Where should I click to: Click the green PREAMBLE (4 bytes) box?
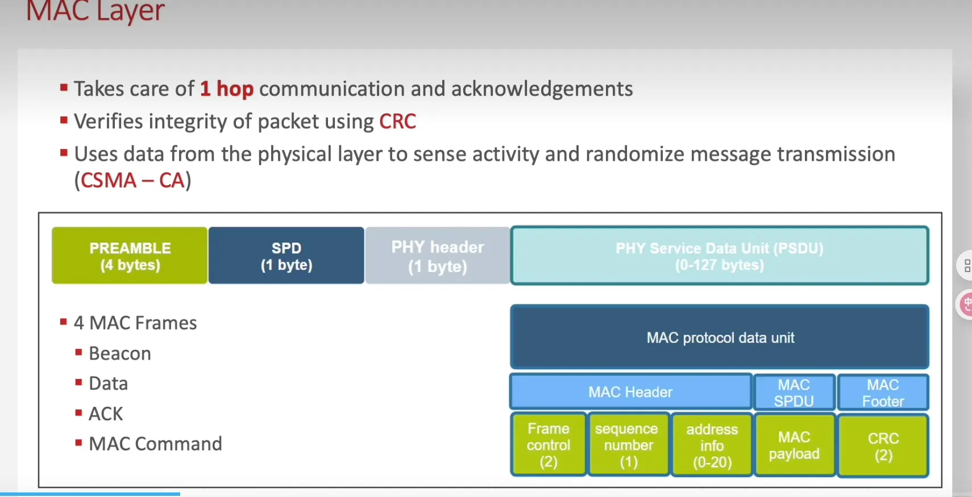pos(130,256)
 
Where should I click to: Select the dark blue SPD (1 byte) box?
pos(286,256)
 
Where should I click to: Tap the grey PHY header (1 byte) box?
pos(437,256)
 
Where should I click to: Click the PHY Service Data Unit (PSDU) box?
pos(719,256)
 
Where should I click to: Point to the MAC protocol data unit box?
pos(720,337)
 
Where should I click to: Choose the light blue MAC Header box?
pos(630,392)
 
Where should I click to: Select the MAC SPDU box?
pos(794,392)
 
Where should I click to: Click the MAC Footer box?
pos(883,392)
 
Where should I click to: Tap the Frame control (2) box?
pos(549,445)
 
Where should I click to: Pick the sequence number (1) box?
pos(628,445)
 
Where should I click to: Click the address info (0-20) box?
pos(712,445)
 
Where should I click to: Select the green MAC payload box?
pos(794,445)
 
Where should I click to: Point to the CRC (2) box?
pos(883,446)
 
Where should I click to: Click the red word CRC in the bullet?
pos(397,122)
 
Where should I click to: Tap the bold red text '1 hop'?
pos(226,89)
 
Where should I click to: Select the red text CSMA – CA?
pos(132,181)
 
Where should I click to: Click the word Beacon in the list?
pos(120,353)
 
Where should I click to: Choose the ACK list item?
pos(106,414)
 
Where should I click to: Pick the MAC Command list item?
pos(155,444)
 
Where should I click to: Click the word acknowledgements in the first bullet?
pos(542,89)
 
